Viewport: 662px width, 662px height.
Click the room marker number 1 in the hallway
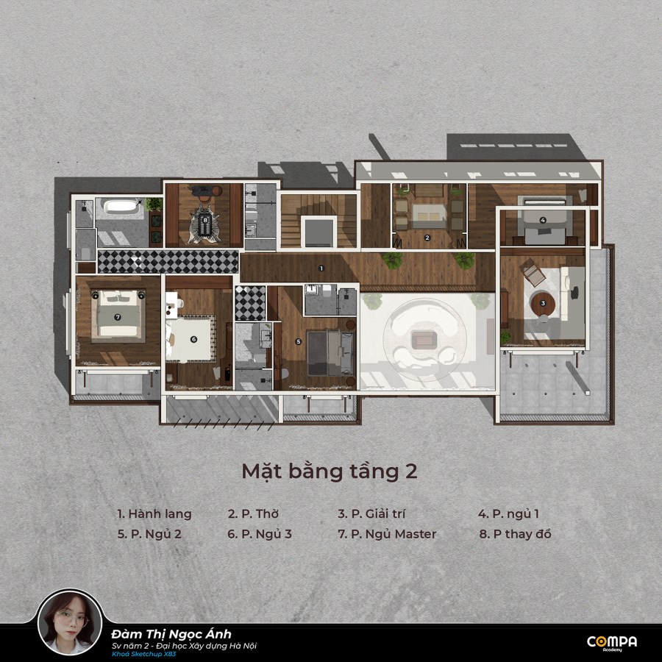tap(321, 268)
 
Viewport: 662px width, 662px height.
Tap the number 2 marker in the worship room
tap(427, 238)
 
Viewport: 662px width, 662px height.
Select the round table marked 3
tap(543, 303)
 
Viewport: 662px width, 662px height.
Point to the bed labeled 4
tap(544, 224)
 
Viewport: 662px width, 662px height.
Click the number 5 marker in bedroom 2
tap(299, 341)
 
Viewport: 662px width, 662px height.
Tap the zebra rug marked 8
tap(205, 223)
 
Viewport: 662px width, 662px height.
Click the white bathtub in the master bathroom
tap(121, 206)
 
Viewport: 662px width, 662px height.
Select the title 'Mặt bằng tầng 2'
tap(330, 471)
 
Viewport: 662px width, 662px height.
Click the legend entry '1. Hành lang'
tap(154, 514)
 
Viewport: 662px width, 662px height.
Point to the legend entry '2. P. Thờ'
tap(253, 514)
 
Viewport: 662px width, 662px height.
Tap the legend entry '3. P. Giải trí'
tap(371, 514)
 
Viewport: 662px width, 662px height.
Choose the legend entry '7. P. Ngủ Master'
tap(387, 534)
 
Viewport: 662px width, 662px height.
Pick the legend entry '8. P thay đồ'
tap(515, 534)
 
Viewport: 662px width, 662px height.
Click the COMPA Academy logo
tap(612, 643)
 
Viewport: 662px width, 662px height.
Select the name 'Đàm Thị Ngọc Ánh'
tap(171, 634)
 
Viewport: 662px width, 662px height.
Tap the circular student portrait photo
tap(70, 623)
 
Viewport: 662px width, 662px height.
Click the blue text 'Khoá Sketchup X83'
tap(143, 655)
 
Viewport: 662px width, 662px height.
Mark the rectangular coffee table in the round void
tap(424, 340)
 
